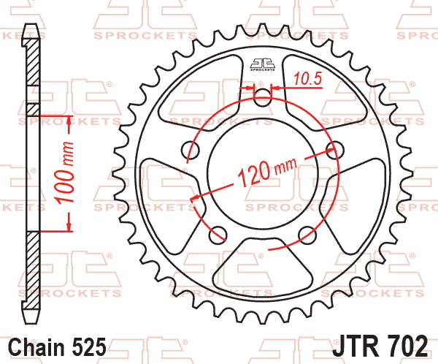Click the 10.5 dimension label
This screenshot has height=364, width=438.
[x=307, y=79]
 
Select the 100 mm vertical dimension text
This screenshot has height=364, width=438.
[x=65, y=172]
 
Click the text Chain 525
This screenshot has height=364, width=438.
[x=58, y=347]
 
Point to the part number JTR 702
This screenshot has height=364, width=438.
[x=380, y=346]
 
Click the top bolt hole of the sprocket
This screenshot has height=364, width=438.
[x=263, y=98]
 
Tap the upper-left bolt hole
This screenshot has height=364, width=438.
[x=191, y=151]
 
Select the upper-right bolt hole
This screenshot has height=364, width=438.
[x=334, y=151]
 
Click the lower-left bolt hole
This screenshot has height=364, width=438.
[x=218, y=235]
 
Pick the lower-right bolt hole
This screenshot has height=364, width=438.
[x=307, y=235]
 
